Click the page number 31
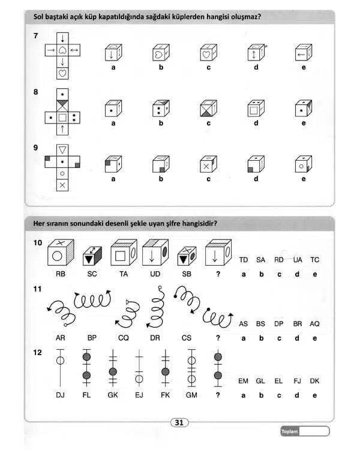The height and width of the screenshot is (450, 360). (x=178, y=422)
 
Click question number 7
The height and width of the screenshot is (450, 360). (x=36, y=37)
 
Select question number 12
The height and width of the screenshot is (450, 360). (x=38, y=352)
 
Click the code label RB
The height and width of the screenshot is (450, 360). (x=61, y=274)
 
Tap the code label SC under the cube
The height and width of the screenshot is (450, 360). (x=92, y=274)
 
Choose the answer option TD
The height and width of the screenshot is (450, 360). (x=244, y=260)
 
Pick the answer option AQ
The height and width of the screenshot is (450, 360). (x=314, y=323)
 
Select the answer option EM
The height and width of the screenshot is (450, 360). (x=244, y=381)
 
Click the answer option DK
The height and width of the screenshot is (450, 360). (x=314, y=381)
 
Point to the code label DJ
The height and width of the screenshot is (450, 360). (x=61, y=395)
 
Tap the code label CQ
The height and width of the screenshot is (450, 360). (x=123, y=338)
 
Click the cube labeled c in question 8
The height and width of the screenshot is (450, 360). (x=208, y=109)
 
